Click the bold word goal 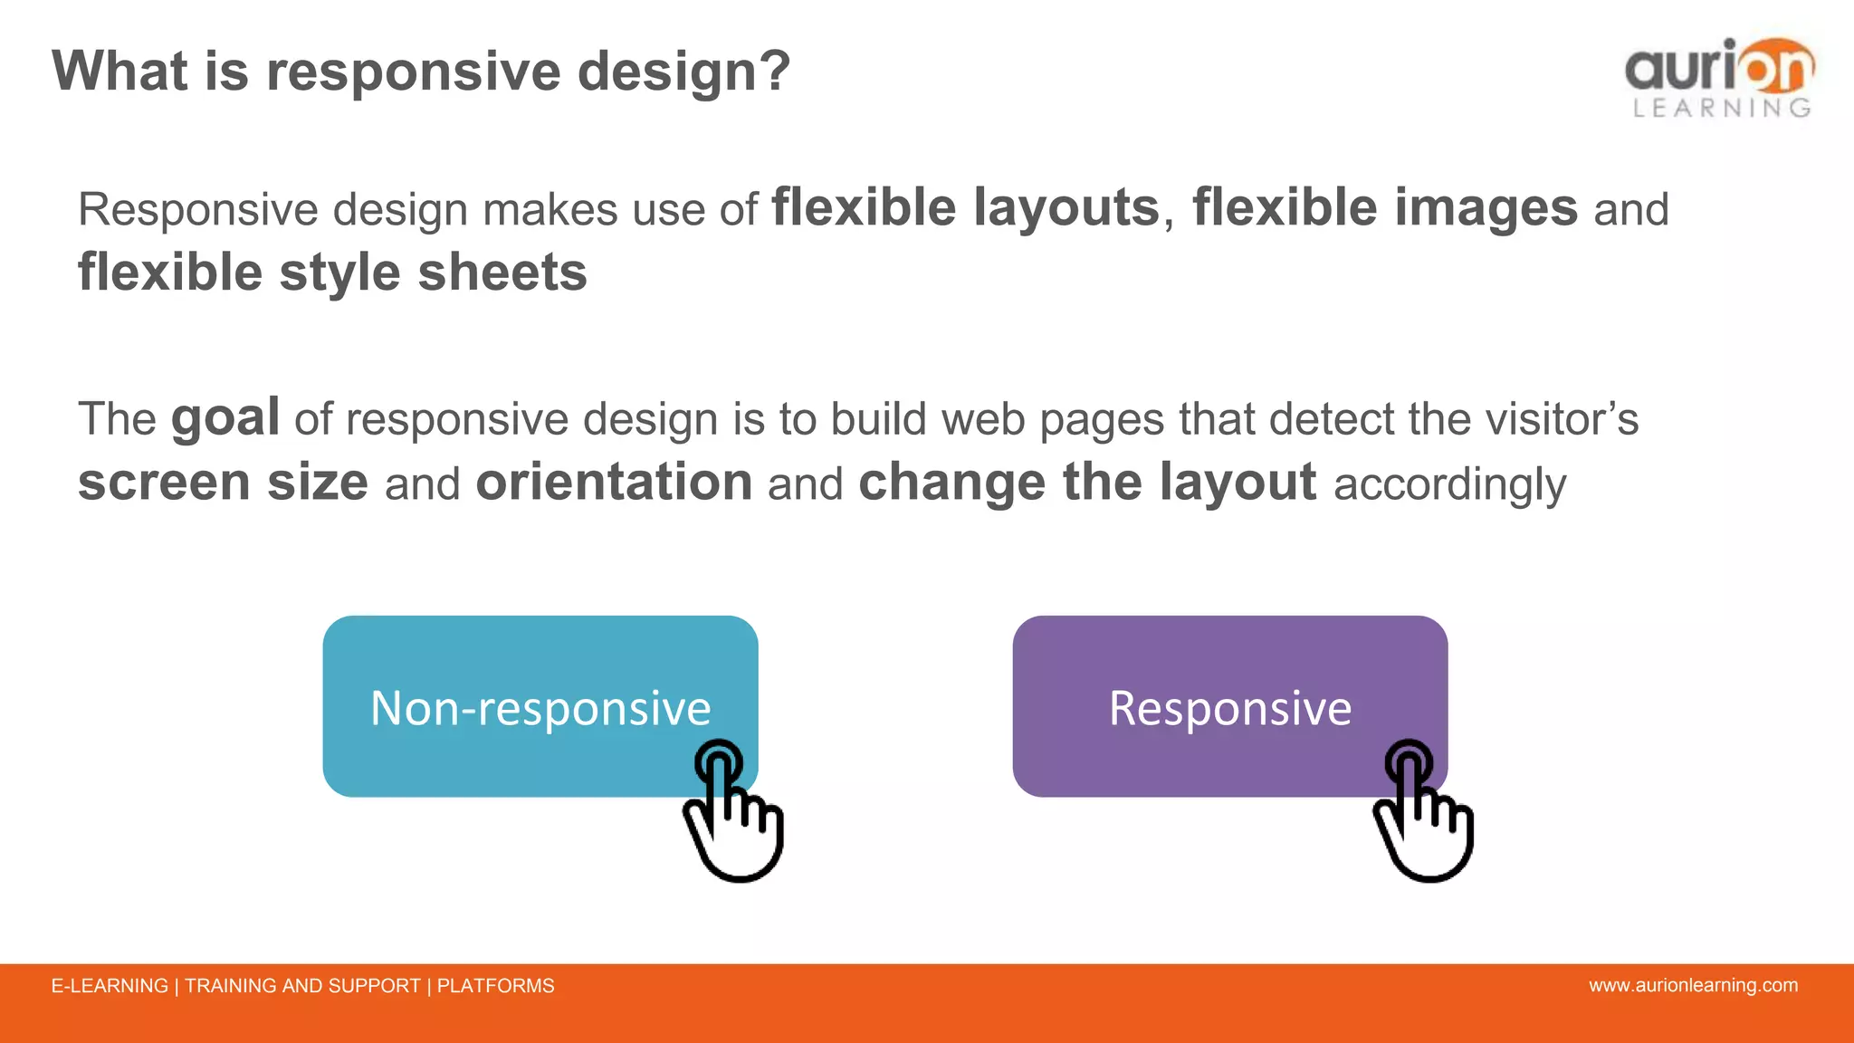click(x=225, y=418)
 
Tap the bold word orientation click(x=614, y=482)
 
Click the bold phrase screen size click(x=223, y=482)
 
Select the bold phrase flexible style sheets click(x=332, y=273)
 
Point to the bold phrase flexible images click(x=1385, y=208)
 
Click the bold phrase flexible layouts click(x=965, y=208)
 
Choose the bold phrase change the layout click(x=1086, y=482)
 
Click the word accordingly click(x=1449, y=484)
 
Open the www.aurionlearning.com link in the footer click(x=1693, y=985)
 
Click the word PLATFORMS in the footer click(x=495, y=986)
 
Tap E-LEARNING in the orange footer click(x=110, y=986)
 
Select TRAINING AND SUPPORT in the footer click(x=302, y=986)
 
